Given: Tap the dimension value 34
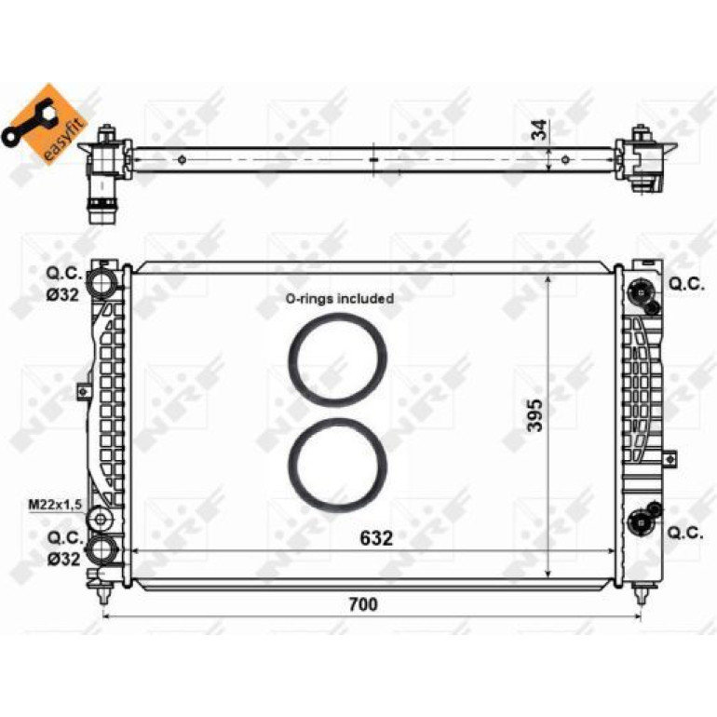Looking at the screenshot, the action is pyautogui.click(x=539, y=129).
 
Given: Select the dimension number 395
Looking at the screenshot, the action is pyautogui.click(x=534, y=414).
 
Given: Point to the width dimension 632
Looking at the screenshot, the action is pyautogui.click(x=376, y=538).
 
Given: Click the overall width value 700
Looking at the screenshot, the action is pyautogui.click(x=363, y=604).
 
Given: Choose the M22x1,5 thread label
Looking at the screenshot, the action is pyautogui.click(x=55, y=505).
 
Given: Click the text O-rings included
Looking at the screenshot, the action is pyautogui.click(x=340, y=299).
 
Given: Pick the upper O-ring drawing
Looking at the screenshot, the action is pyautogui.click(x=337, y=359).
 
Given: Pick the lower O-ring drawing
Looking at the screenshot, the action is pyautogui.click(x=337, y=466).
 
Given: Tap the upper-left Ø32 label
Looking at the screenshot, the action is pyautogui.click(x=62, y=295).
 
